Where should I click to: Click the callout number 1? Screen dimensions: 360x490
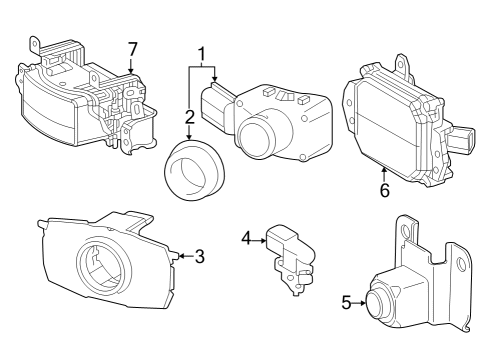tap(201, 53)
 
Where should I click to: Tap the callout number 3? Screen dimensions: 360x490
tap(199, 256)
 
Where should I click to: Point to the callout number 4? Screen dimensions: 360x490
tap(247, 238)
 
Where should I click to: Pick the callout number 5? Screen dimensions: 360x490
tap(347, 300)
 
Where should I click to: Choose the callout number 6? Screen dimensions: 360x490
tap(383, 189)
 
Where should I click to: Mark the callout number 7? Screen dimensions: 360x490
tap(131, 49)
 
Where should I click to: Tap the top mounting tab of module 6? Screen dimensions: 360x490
tap(404, 64)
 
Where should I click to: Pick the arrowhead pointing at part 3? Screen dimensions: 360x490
tap(181, 256)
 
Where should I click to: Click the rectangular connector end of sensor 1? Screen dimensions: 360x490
tap(215, 102)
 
